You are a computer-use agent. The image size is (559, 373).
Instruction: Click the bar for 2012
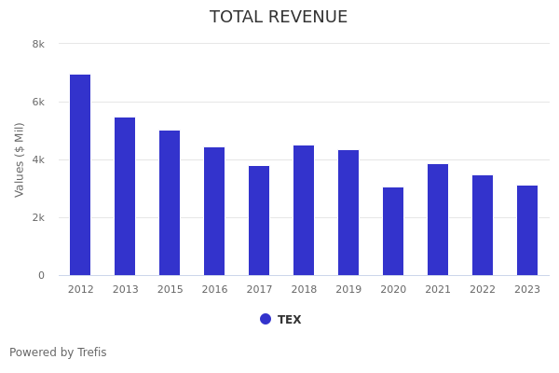point(80,175)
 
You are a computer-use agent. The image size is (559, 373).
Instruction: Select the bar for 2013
point(125,197)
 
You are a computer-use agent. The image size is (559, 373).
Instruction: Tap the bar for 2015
point(170,203)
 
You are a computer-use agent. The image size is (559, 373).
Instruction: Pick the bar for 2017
point(259,221)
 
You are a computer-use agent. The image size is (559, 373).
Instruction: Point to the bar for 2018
point(304,211)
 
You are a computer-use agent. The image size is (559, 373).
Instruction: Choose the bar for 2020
point(393,231)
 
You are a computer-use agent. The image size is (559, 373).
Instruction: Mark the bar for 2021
point(438,220)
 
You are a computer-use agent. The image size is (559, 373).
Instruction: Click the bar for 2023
point(527,230)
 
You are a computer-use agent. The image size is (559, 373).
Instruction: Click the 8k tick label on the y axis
point(38,44)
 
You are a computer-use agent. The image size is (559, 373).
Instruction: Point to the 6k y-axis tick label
point(38,102)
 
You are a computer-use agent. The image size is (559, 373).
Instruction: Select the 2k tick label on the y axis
point(38,217)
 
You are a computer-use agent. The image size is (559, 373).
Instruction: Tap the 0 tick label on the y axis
point(41,275)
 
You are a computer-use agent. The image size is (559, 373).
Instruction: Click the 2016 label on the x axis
point(214,290)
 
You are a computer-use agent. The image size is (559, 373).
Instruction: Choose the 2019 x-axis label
point(348,290)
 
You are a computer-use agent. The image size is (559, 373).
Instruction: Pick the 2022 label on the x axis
point(483,290)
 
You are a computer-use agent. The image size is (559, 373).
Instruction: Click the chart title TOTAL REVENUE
point(279,18)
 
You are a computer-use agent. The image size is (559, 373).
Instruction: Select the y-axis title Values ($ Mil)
point(20,159)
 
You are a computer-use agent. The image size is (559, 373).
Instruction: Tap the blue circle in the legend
point(266,319)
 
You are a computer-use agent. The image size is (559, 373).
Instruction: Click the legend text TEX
point(289,320)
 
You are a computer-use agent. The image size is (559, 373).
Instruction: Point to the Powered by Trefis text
point(58,352)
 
